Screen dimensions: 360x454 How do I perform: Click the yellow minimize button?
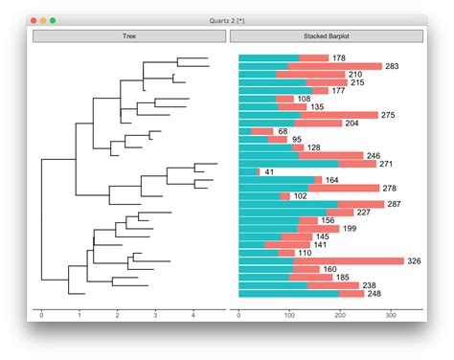pos(44,20)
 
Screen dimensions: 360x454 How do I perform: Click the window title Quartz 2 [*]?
pos(227,20)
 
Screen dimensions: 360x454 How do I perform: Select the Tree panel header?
pos(128,36)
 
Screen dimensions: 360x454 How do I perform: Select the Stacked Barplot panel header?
pos(326,36)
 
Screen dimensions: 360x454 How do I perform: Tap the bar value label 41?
pos(269,171)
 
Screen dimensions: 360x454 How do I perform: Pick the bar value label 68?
pos(283,131)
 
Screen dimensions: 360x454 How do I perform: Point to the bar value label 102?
pos(301,196)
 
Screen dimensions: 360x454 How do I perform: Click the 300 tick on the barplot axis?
pos(391,314)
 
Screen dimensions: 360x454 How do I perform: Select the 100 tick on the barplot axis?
pos(289,314)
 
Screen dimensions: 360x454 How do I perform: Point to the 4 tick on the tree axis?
pos(193,314)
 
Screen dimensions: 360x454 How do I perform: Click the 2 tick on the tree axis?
pos(117,314)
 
